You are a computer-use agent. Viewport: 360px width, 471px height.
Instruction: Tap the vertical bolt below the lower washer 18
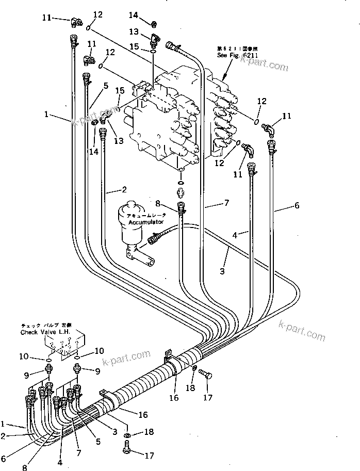click(x=126, y=450)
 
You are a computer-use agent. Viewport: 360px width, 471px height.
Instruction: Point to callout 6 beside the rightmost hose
click(x=296, y=205)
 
